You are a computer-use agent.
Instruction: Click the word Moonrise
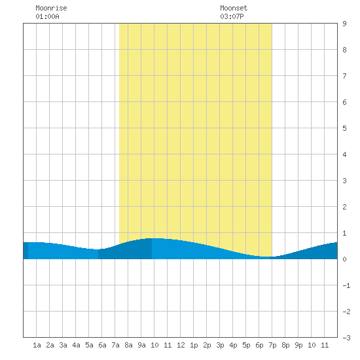click(x=51, y=8)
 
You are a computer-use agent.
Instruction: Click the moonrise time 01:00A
click(x=47, y=16)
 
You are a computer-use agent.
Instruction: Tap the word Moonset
click(x=234, y=8)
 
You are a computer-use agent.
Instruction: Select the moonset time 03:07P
click(x=232, y=16)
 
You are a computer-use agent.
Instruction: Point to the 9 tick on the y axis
click(x=344, y=24)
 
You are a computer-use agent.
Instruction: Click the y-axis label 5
click(x=344, y=128)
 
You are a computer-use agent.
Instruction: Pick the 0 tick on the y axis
click(x=344, y=259)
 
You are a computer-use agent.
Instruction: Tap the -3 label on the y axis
click(x=346, y=338)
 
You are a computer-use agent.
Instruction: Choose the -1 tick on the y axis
click(x=346, y=285)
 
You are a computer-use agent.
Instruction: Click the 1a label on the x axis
click(x=37, y=345)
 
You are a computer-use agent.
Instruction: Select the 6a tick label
click(x=102, y=345)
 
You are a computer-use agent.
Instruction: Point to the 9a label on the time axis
click(x=141, y=345)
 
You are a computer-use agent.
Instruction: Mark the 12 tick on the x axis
click(x=181, y=345)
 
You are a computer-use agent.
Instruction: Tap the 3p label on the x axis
click(x=220, y=345)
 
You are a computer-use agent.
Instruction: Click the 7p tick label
click(x=272, y=345)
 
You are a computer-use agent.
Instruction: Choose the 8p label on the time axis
click(x=285, y=345)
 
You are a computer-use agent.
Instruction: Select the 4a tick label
click(x=76, y=345)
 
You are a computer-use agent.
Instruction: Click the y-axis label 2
click(x=344, y=207)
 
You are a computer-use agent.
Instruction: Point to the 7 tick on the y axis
click(x=344, y=76)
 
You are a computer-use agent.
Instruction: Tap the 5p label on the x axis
click(x=246, y=345)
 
